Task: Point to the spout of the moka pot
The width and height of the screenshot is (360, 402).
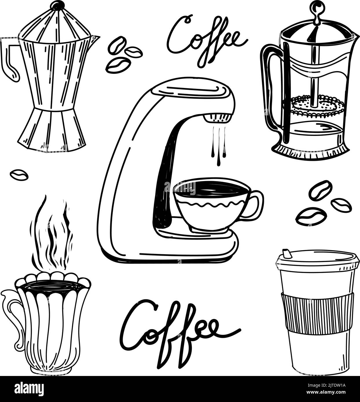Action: coord(95,39)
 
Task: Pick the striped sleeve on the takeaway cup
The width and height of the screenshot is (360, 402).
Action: coord(319,312)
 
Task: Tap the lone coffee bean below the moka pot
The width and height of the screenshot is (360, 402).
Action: coord(19,175)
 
